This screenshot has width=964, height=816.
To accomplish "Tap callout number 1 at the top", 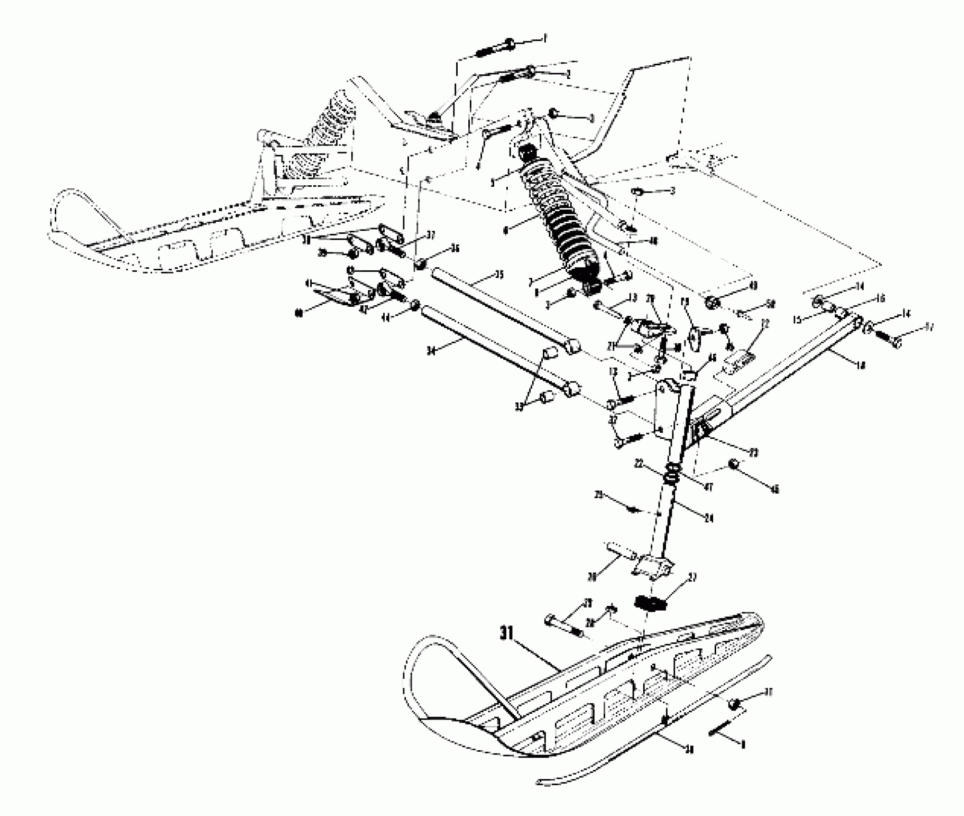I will coord(544,37).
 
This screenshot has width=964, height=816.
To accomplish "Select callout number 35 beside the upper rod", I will coord(499,275).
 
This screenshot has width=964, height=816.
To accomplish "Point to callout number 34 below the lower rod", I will coord(431,352).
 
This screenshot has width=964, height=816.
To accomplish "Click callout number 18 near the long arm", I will coord(860,366).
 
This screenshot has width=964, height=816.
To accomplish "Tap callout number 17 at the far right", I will coord(928,328).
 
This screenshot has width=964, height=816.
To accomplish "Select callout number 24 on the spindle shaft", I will coord(708,518).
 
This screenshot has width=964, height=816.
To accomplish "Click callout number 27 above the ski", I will coord(693,577).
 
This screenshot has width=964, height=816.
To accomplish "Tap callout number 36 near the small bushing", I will coord(454,248).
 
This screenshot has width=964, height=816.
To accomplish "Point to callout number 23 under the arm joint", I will coord(754,453).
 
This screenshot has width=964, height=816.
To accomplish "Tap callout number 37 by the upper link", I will coord(430,235).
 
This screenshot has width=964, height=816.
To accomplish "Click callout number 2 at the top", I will coord(568,74).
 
